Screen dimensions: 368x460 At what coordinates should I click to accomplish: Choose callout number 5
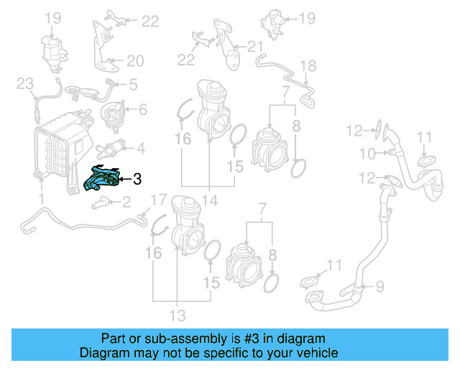click(132, 85)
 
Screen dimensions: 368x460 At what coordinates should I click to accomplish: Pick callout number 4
click(140, 149)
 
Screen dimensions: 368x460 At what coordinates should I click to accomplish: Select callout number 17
click(158, 199)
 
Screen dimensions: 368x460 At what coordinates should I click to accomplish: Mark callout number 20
click(135, 60)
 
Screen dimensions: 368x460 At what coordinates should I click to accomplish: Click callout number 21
click(255, 47)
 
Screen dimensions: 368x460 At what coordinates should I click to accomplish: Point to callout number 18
click(308, 66)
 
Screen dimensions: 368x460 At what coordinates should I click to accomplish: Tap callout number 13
click(177, 315)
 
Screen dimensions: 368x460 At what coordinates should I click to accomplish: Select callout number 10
click(367, 153)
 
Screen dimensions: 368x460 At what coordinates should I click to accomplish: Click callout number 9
click(379, 286)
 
